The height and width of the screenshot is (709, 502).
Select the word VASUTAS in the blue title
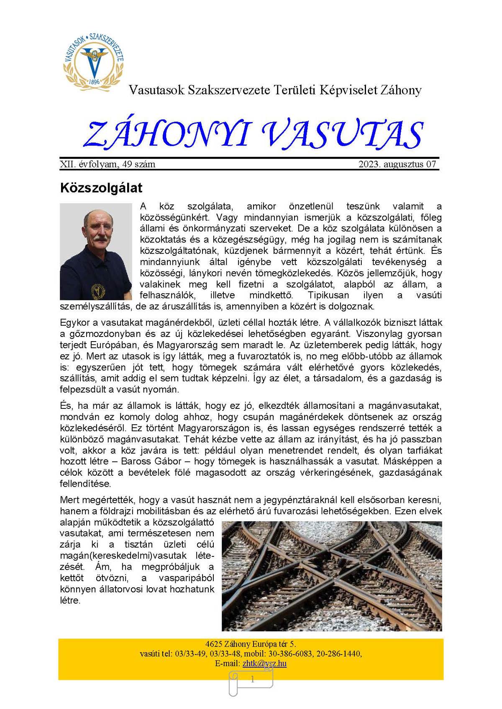point(343,135)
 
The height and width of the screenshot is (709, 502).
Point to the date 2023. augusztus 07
point(397,164)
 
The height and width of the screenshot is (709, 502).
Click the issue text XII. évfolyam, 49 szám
point(108,164)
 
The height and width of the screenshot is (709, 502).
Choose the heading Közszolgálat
point(101,188)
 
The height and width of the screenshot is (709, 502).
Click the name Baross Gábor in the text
point(151,462)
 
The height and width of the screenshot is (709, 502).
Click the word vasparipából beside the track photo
point(186,578)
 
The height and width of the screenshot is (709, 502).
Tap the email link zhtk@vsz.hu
point(264,663)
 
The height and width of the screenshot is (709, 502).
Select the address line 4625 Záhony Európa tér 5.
point(251,644)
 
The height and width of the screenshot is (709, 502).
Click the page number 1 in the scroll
point(252,680)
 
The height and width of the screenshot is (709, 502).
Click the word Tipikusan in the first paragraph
point(328,295)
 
